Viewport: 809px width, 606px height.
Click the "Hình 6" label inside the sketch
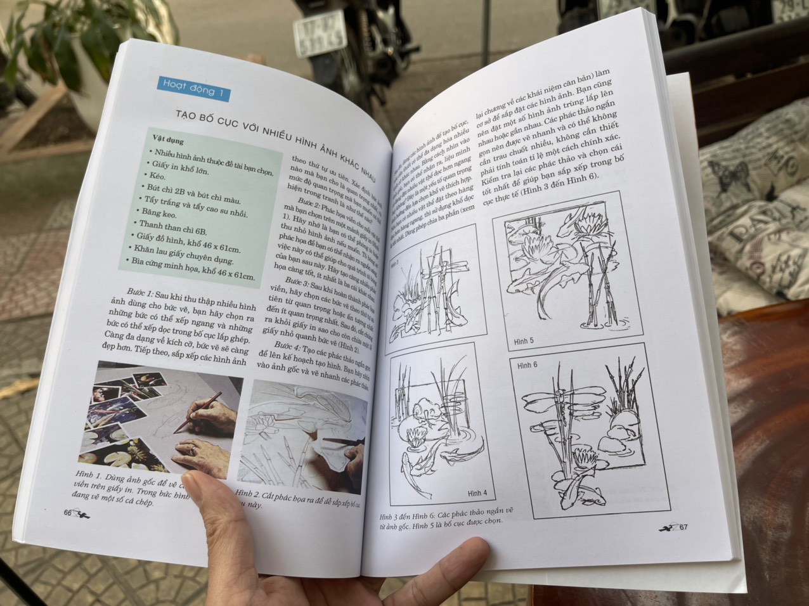[527, 365]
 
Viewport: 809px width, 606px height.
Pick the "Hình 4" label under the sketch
[477, 493]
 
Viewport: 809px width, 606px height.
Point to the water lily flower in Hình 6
[583, 454]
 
